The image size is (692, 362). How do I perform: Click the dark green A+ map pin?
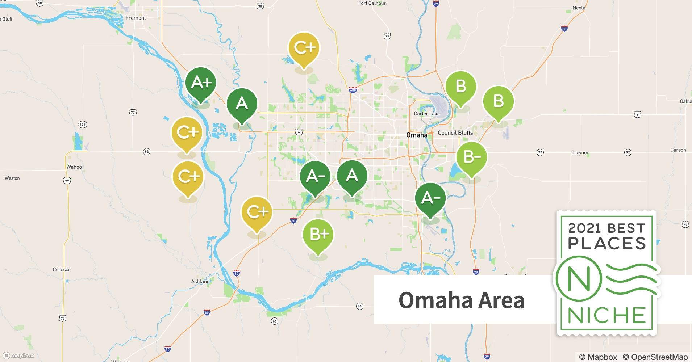coord(201,83)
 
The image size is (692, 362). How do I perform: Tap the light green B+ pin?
coord(318,235)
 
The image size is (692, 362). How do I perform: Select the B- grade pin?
coord(471,157)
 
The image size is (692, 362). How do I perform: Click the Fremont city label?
coord(136,18)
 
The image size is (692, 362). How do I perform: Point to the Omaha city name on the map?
coord(417,135)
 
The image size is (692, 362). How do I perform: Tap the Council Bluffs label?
coord(455,133)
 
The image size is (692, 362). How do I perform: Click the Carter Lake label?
coord(427,114)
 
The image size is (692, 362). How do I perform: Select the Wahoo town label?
coord(74,167)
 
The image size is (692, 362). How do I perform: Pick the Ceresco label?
coord(62,269)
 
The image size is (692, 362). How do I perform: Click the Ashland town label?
coord(200,281)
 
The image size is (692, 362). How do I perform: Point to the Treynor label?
coord(580,152)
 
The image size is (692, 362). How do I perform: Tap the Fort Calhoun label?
coord(372,3)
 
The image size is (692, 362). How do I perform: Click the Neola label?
coord(579,8)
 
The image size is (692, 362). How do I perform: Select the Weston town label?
coord(12,178)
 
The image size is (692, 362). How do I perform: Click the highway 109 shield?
coord(83,125)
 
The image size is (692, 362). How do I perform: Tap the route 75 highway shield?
coord(387,36)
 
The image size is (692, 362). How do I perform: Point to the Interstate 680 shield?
coord(353,90)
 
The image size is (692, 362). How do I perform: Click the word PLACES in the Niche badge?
coord(607,243)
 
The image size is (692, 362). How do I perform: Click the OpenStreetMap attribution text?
coord(655,357)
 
